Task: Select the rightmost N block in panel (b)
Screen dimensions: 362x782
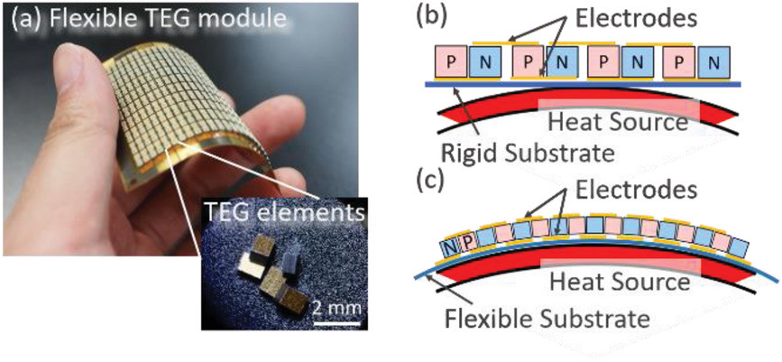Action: coord(714,63)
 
